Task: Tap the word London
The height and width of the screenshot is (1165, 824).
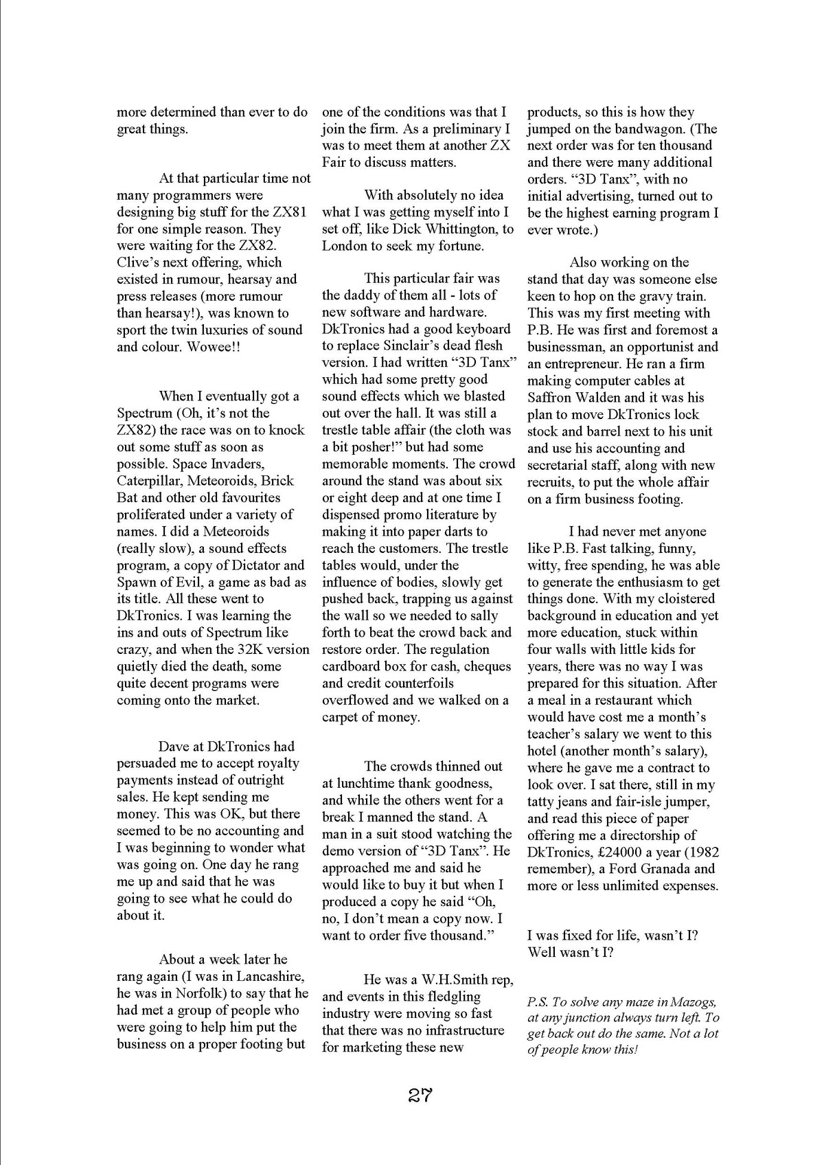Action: (345, 246)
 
